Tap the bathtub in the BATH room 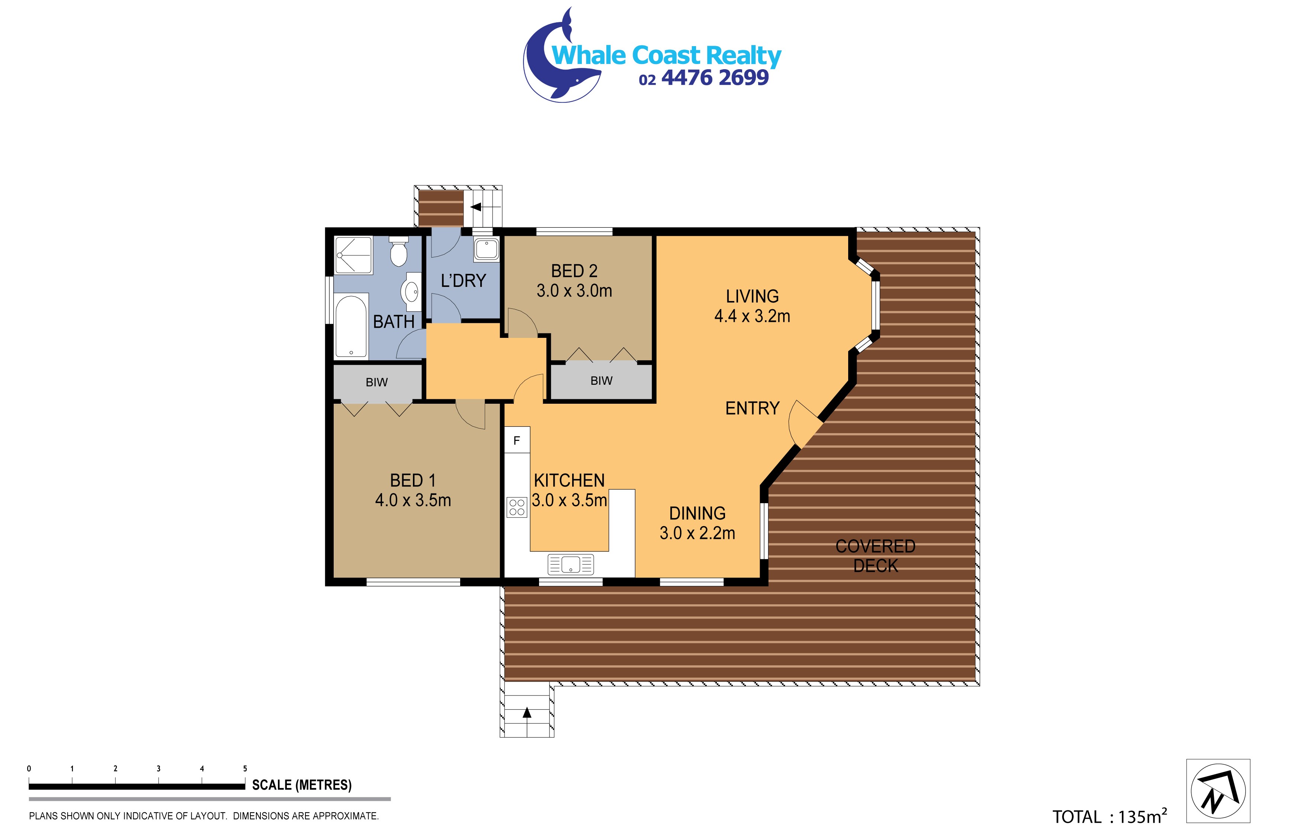click(351, 326)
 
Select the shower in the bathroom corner click(353, 254)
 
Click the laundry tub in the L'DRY click(486, 249)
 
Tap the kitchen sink click(571, 564)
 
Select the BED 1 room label click(413, 480)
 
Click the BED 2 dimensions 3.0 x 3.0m click(574, 291)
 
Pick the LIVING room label click(752, 296)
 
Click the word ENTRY click(752, 408)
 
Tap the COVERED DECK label click(875, 556)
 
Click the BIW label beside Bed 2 click(602, 381)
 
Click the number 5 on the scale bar click(245, 768)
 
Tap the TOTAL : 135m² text click(1109, 816)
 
